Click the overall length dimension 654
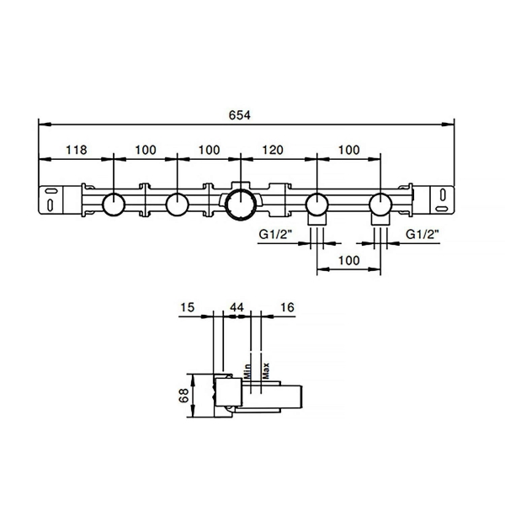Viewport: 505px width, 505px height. coord(239,115)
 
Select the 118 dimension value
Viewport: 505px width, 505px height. coord(77,150)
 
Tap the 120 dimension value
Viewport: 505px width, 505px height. coord(273,150)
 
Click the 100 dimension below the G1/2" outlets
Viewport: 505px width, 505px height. coord(348,260)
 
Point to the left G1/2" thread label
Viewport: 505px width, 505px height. coord(275,234)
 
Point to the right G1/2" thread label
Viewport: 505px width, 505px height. coord(423,234)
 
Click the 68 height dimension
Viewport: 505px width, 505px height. coord(183,396)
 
